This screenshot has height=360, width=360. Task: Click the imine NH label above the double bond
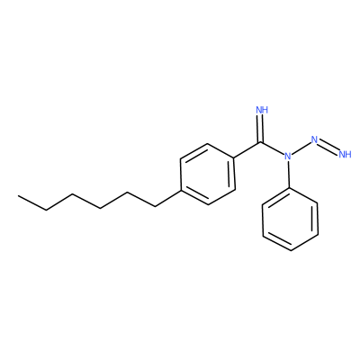click(x=262, y=110)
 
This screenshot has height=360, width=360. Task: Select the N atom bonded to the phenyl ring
click(x=288, y=156)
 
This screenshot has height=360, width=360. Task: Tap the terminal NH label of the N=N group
click(x=345, y=155)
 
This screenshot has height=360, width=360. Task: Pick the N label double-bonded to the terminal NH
click(x=314, y=139)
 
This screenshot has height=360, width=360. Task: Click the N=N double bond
click(x=328, y=147)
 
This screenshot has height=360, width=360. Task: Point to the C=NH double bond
click(x=261, y=128)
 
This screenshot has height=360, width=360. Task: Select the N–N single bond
click(x=301, y=148)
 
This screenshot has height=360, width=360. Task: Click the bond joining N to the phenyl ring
click(x=289, y=175)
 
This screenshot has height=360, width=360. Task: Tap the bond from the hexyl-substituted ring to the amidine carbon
click(x=247, y=149)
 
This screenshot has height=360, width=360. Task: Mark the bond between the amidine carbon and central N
click(x=273, y=148)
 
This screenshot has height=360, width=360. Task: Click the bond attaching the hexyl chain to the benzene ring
click(x=168, y=198)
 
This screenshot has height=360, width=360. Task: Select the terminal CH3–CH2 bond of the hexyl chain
click(x=32, y=202)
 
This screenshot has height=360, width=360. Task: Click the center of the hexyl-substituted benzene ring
click(x=208, y=175)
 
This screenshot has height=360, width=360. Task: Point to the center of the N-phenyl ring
click(x=290, y=220)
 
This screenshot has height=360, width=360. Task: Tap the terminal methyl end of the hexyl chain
click(x=19, y=196)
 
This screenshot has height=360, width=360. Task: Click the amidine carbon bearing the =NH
click(x=261, y=141)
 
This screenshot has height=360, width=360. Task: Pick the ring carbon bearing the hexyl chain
click(x=181, y=190)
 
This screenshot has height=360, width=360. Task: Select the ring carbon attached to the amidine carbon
click(x=234, y=157)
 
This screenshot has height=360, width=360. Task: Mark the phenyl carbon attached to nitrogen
click(x=289, y=188)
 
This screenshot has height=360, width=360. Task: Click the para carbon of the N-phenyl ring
click(x=291, y=250)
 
